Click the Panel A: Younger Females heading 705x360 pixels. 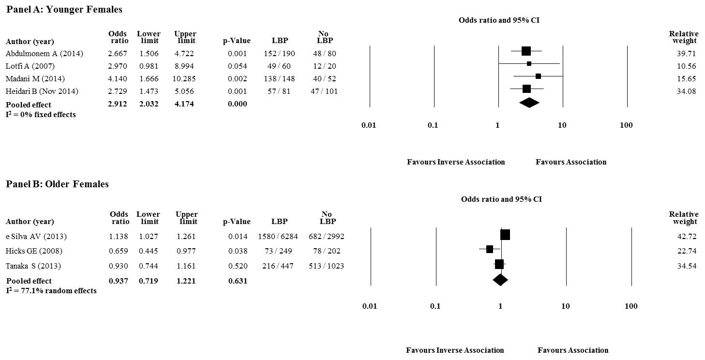64,9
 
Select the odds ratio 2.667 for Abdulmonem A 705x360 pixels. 119,53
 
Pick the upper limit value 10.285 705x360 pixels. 185,78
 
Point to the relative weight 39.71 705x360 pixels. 687,53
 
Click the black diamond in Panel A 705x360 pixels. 529,103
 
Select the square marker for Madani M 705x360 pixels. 538,76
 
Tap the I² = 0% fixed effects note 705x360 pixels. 41,115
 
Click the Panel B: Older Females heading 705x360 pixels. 57,184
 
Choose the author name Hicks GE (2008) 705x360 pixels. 34,251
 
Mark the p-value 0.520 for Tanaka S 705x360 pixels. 238,266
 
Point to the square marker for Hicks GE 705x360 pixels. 489,249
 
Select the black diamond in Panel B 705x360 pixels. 500,279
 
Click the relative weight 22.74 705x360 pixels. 687,251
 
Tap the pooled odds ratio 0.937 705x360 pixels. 119,281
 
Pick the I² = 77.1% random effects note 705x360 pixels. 51,291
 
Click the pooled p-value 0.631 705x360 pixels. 238,281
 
